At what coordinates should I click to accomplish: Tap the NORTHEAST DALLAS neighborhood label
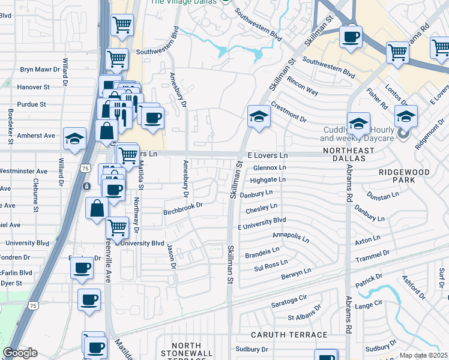[344, 154]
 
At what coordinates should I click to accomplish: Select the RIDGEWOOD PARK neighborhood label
[404, 176]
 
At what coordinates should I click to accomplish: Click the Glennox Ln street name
[270, 167]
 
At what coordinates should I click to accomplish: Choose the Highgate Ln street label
[267, 179]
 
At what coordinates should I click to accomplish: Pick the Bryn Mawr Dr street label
[40, 70]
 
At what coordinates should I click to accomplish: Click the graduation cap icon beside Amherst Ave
[75, 139]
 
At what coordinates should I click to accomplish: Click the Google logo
[20, 353]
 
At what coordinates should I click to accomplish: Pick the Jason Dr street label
[172, 256]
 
